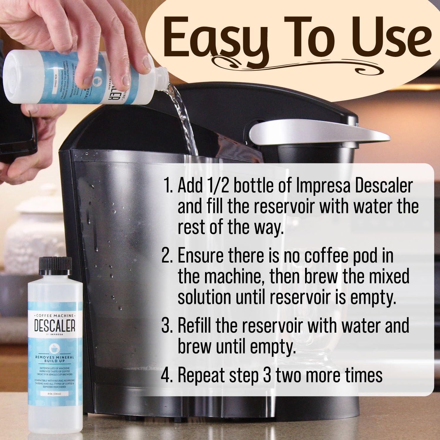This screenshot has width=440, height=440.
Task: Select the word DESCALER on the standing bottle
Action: tap(55, 326)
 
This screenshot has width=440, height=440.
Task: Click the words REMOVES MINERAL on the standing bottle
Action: tap(55, 358)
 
